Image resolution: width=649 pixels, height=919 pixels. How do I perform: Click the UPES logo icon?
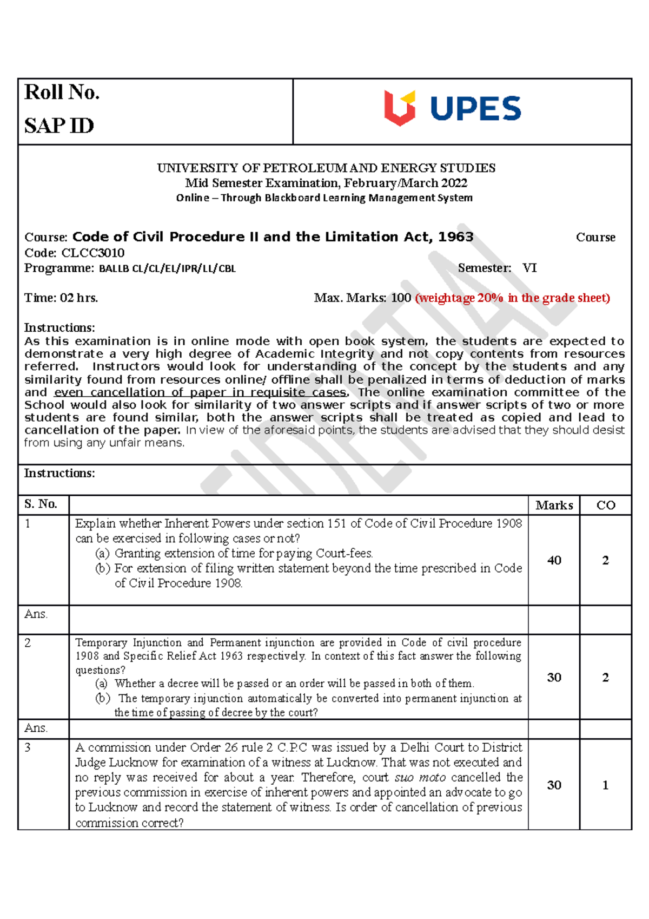[400, 108]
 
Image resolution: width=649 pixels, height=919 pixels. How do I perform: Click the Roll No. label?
[62, 93]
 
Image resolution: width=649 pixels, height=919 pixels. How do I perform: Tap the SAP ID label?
[59, 126]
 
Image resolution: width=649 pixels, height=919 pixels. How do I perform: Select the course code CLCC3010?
[93, 253]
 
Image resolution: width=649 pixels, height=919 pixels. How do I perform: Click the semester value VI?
[529, 268]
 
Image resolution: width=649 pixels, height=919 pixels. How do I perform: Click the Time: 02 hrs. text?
[61, 298]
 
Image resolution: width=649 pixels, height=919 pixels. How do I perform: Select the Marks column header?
[554, 506]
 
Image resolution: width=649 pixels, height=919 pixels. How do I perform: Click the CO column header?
[606, 506]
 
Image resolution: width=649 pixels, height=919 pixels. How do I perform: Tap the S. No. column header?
[41, 504]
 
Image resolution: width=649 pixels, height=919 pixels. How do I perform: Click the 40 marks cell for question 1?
[554, 560]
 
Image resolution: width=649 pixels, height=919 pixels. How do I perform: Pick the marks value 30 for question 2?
[554, 677]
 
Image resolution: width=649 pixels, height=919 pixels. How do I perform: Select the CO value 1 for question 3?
[605, 785]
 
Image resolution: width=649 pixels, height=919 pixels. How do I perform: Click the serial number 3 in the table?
[28, 747]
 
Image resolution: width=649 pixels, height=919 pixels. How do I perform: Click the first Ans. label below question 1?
[36, 614]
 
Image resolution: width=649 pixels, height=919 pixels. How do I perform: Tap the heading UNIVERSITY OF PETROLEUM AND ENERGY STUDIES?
[326, 168]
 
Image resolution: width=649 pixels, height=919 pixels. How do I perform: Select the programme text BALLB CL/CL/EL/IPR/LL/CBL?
[168, 268]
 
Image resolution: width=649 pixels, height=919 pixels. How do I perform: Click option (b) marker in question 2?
[103, 698]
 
